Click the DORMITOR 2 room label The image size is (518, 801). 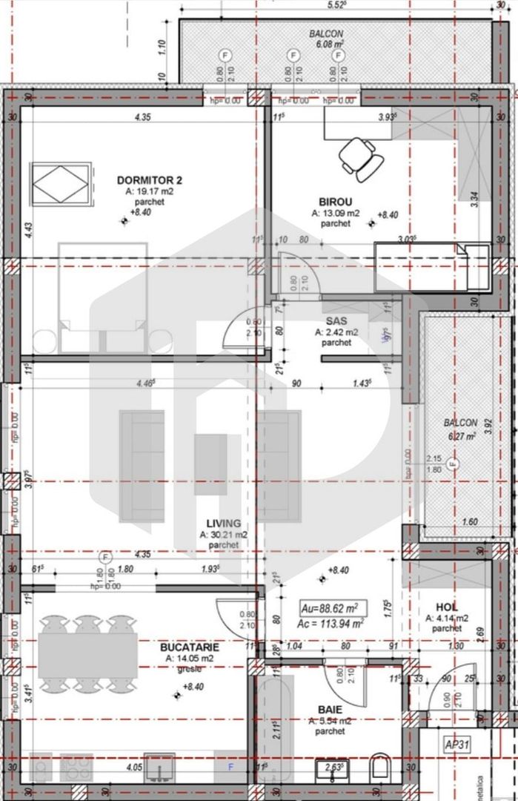pyautogui.click(x=149, y=180)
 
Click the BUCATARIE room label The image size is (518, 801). pyautogui.click(x=189, y=647)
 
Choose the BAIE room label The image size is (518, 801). pyautogui.click(x=330, y=709)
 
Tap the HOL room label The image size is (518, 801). pyautogui.click(x=446, y=605)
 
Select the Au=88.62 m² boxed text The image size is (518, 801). pyautogui.click(x=331, y=608)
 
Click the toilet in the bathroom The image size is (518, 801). pyautogui.click(x=380, y=767)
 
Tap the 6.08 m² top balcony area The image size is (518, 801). pyautogui.click(x=327, y=44)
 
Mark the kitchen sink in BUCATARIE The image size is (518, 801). pyautogui.click(x=159, y=768)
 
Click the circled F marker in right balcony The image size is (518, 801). pyautogui.click(x=453, y=464)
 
